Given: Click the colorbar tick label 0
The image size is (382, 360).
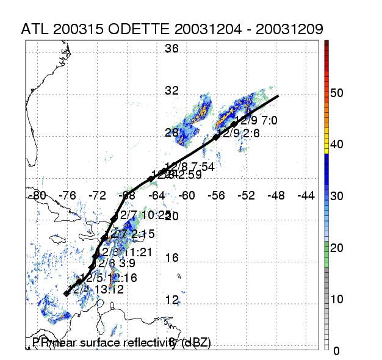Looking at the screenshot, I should (336, 350).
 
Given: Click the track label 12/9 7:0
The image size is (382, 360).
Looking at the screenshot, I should (256, 121).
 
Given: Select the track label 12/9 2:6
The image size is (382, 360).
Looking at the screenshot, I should (239, 132).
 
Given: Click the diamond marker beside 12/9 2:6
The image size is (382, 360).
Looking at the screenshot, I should (217, 137).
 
